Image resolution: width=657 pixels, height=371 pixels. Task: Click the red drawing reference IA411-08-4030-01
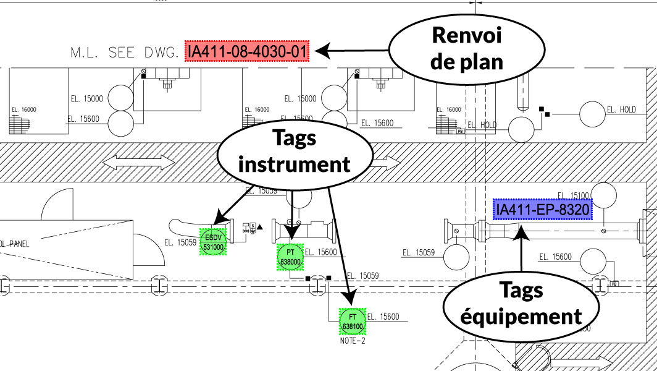pos(248,51)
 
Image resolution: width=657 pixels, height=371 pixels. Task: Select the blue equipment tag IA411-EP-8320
pos(543,210)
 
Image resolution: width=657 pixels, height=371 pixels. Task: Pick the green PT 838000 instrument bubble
pos(290,257)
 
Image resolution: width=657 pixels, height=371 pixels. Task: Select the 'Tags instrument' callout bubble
pos(294,151)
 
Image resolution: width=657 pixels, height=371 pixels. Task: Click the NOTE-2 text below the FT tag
pos(353,340)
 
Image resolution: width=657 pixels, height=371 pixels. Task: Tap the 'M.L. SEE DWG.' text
pos(125,52)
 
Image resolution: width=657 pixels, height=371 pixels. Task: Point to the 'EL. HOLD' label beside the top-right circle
pos(621,109)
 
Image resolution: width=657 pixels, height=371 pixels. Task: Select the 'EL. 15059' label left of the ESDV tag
pos(180,242)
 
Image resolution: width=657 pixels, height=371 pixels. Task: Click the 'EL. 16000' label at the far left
pos(24,109)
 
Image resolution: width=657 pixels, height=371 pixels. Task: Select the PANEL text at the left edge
pos(15,244)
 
